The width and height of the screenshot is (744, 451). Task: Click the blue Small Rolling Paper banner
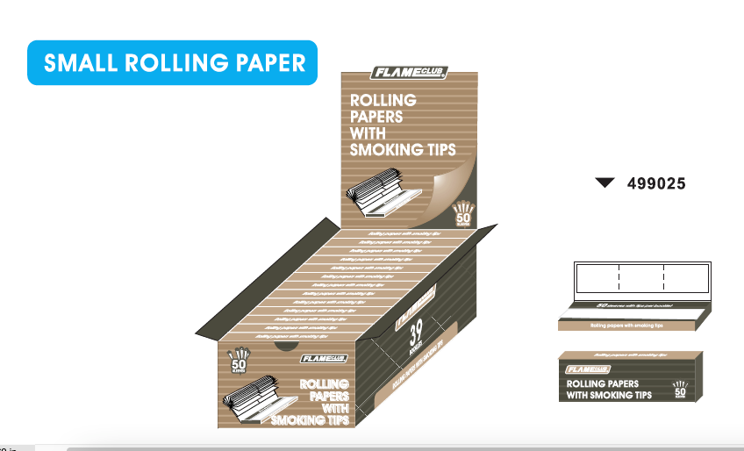click(171, 63)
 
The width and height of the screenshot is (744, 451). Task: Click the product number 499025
click(656, 183)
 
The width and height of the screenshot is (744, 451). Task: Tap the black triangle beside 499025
click(604, 183)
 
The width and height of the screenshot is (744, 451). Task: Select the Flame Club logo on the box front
click(325, 358)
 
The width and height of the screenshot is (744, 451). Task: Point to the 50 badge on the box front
click(239, 361)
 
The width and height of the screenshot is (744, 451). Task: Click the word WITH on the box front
click(331, 408)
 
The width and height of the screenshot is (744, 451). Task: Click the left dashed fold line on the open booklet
click(619, 276)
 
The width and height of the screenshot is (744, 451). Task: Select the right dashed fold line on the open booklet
click(664, 276)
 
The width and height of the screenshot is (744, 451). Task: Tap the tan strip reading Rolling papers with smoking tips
click(626, 325)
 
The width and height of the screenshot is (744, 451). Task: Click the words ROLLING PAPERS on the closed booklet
click(603, 383)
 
